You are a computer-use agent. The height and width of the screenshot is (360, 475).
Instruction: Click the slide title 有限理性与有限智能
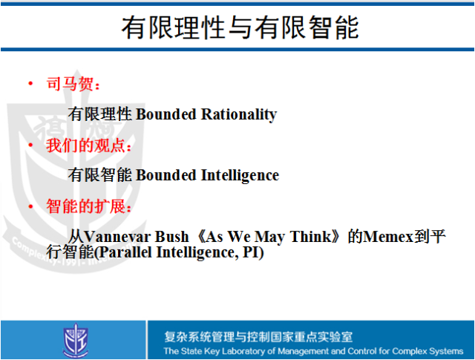(x=240, y=27)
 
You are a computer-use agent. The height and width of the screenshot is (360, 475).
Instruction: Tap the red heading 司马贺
(x=70, y=84)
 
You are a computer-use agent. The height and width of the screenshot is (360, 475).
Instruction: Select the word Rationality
(x=239, y=115)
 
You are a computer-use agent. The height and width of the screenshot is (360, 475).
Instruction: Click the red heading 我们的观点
(x=86, y=145)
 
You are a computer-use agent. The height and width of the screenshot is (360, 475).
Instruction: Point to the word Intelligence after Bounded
(x=240, y=176)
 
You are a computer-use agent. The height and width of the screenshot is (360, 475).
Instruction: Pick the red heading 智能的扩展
(x=86, y=206)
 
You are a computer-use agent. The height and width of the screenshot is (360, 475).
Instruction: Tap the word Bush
(x=171, y=237)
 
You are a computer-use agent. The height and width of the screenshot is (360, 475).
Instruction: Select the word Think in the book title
(x=311, y=237)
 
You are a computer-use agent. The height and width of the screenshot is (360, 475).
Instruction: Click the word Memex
(x=389, y=237)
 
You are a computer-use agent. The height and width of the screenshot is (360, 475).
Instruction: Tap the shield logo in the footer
(x=76, y=340)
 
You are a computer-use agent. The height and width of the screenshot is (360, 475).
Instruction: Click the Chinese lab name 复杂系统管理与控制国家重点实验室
(x=258, y=337)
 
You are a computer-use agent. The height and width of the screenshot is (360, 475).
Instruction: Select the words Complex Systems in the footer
(x=427, y=351)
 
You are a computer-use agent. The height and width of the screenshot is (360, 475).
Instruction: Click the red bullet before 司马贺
(x=30, y=83)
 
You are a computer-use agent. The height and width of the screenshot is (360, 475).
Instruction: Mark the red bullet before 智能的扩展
(x=30, y=206)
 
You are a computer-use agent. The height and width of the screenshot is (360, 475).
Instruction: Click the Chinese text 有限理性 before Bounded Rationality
(x=100, y=114)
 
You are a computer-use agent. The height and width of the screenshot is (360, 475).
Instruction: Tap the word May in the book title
(x=269, y=238)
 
